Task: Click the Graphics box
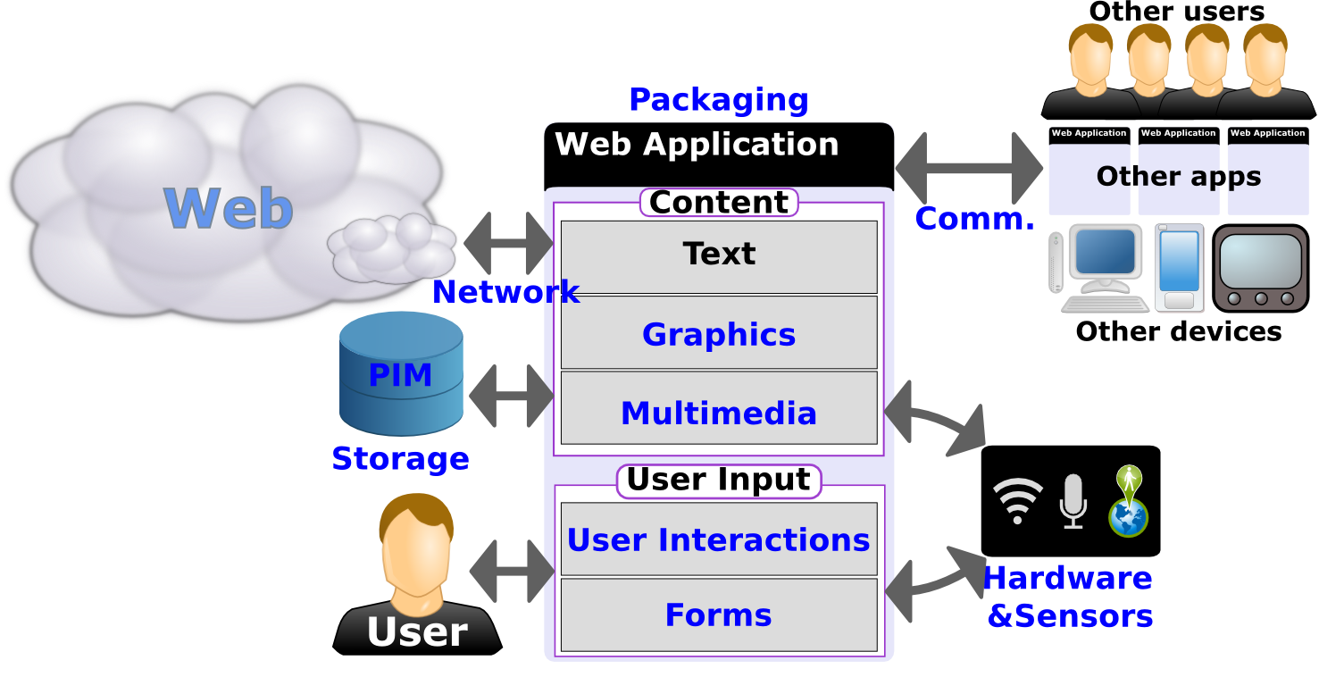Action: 718,333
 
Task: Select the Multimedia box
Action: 718,409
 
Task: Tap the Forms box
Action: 718,614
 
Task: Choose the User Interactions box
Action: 718,539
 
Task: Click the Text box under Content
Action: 718,255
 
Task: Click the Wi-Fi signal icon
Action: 1018,500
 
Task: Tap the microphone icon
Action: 1073,500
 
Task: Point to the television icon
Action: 1260,267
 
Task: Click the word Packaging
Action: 718,100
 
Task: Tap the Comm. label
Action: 974,219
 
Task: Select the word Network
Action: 505,292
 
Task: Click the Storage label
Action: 400,458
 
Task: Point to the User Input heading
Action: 718,480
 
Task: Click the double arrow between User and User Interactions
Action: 513,571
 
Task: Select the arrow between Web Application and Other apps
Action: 969,167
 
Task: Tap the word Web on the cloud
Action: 229,208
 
